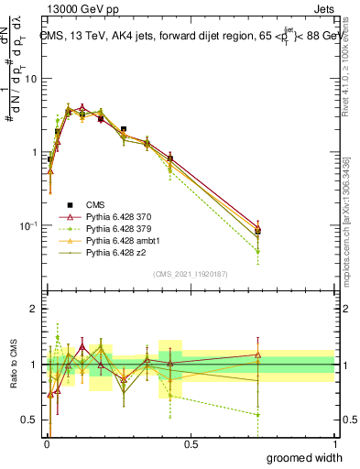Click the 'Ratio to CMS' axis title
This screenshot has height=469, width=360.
(12, 364)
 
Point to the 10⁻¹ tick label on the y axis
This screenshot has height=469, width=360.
(28, 225)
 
